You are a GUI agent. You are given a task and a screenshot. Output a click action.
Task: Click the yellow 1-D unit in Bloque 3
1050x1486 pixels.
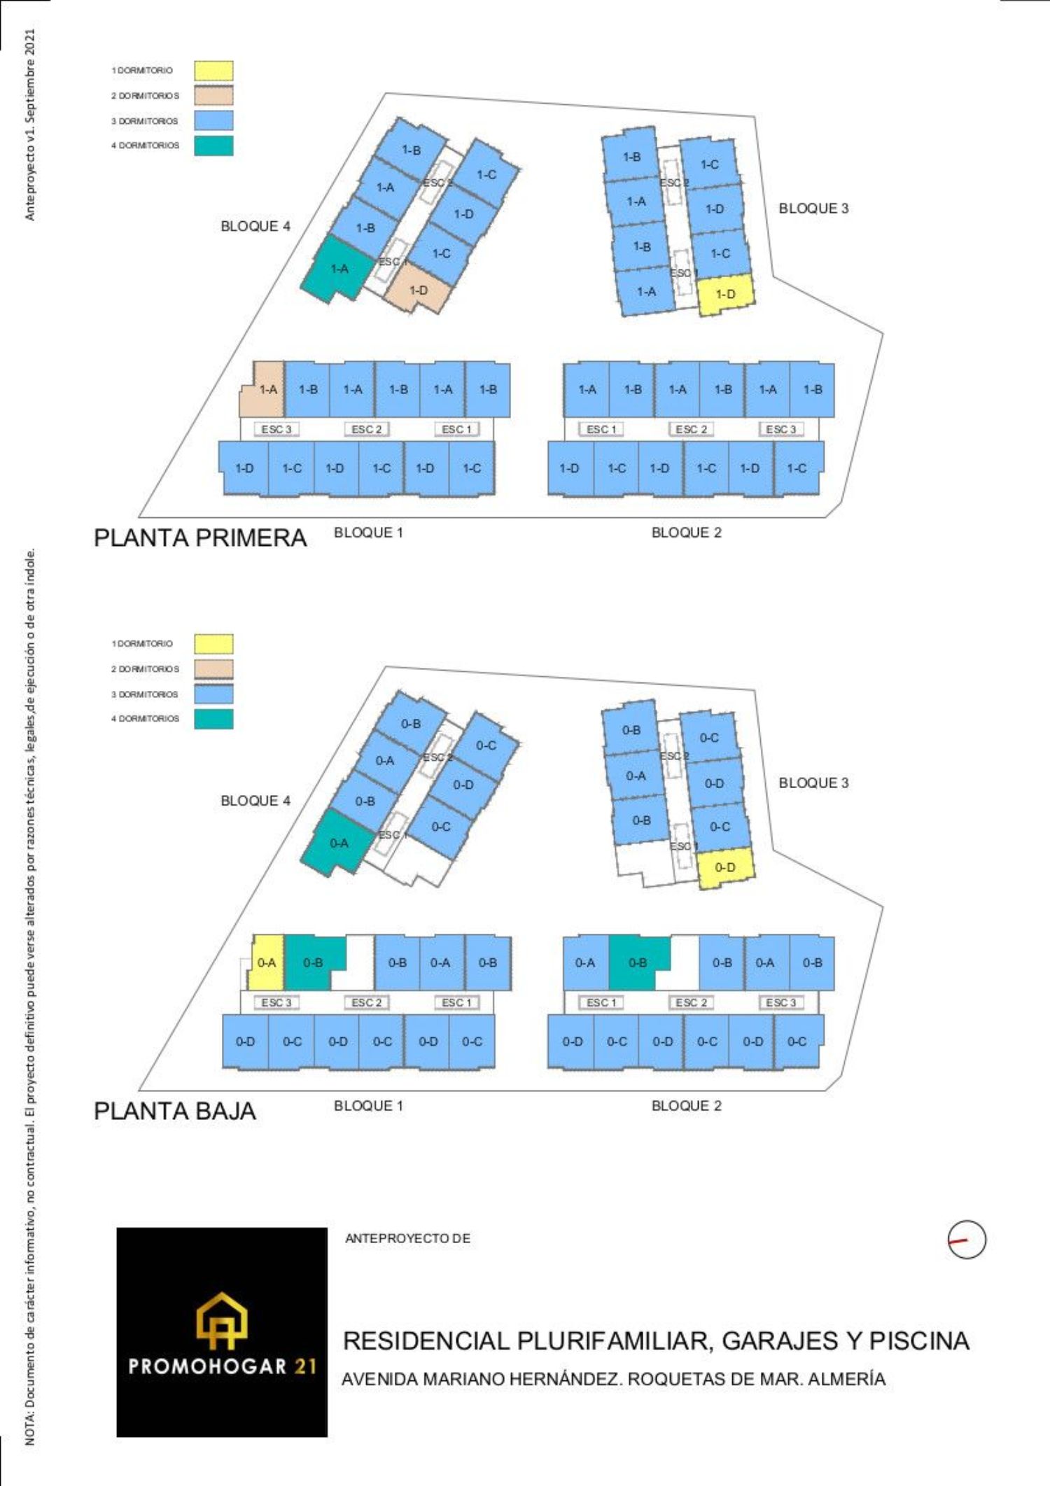tap(726, 293)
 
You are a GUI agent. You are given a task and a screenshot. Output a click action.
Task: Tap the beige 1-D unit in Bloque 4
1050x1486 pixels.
tap(419, 290)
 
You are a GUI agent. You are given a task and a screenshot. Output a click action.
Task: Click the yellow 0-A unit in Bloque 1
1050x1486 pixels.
tap(267, 963)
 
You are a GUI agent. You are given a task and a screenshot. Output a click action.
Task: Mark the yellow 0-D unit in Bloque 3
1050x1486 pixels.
tap(725, 867)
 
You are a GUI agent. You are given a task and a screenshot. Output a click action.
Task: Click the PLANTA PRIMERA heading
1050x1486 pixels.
tap(200, 538)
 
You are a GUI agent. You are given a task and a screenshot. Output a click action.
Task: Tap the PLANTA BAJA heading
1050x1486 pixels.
tap(175, 1111)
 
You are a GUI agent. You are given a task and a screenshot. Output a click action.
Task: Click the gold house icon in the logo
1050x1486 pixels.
tap(222, 1320)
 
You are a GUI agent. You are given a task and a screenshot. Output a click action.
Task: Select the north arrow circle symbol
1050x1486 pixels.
tap(967, 1240)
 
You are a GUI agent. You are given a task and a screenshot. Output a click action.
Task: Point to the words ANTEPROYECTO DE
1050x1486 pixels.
tap(407, 1238)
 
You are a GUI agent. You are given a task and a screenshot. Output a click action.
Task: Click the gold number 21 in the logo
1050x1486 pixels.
tap(305, 1366)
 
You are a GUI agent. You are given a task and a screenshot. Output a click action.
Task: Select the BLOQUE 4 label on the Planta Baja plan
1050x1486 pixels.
tap(255, 801)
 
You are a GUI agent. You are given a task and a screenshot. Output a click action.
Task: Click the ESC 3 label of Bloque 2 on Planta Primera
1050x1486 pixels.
tap(781, 429)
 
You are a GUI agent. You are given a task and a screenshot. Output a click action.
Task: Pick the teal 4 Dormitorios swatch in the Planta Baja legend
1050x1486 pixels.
tap(213, 719)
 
